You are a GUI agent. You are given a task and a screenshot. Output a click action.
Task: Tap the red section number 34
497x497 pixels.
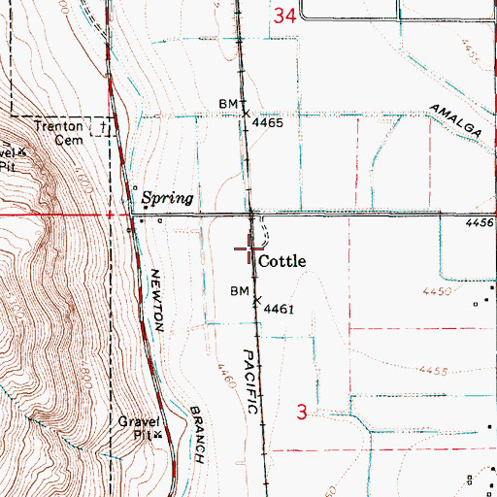tap(284, 16)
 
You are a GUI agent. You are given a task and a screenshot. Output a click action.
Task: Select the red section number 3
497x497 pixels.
tap(302, 413)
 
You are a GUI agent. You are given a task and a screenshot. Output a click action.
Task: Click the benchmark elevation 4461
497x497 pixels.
tap(277, 311)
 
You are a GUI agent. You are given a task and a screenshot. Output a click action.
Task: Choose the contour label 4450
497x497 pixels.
tap(439, 291)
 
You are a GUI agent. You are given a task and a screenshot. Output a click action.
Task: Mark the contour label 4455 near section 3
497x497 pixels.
tap(437, 371)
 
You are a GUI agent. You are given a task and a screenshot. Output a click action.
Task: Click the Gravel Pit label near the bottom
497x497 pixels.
tap(138, 428)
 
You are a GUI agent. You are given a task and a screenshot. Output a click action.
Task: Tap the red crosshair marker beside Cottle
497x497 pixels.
tap(249, 252)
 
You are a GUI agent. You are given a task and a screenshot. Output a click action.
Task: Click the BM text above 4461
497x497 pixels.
tap(240, 291)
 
